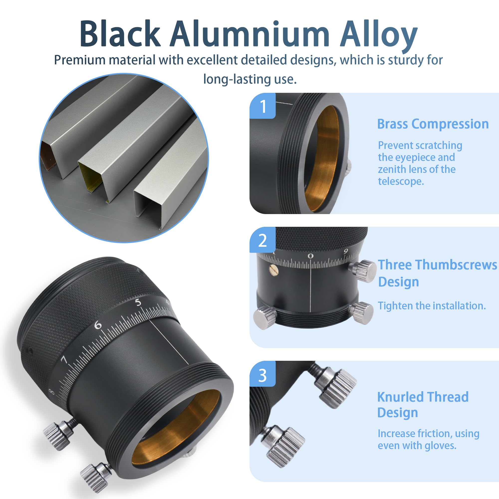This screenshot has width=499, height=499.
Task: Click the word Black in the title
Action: point(120,34)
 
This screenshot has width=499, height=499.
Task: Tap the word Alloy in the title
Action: point(378,36)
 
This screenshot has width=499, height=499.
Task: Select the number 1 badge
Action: point(263,106)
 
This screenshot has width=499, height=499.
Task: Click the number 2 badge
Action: point(263,240)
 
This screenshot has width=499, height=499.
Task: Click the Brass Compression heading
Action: point(433,124)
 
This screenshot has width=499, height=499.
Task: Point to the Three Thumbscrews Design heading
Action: point(438,273)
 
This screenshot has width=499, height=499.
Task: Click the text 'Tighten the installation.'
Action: point(432,306)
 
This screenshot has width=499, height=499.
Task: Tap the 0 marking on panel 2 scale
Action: point(310,256)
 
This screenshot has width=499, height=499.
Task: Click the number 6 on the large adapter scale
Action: point(98,325)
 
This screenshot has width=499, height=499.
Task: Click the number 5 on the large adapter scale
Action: point(138,302)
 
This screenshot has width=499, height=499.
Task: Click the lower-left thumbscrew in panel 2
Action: point(265,317)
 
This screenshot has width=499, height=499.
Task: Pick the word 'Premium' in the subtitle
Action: point(79,60)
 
